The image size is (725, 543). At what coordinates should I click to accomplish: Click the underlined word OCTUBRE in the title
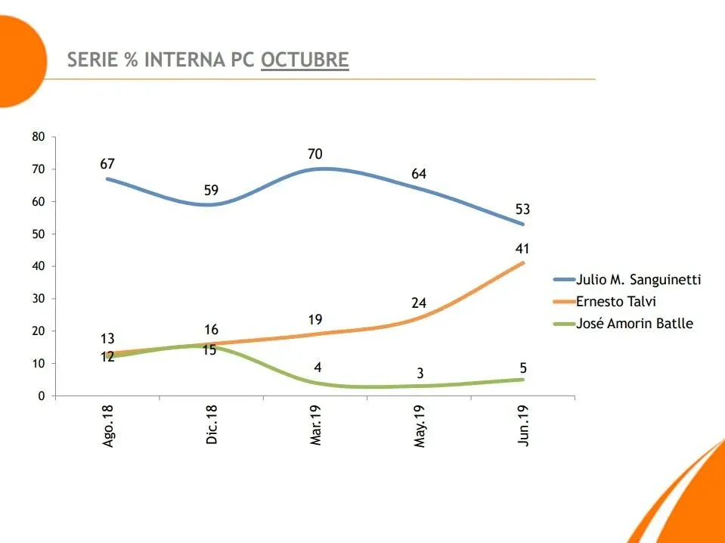(305, 61)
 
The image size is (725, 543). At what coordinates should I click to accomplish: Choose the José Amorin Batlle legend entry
(634, 324)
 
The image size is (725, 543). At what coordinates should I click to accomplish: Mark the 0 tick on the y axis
(42, 396)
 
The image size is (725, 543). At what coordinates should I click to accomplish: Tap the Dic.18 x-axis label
(212, 427)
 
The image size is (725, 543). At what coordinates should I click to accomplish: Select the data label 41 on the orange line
(522, 249)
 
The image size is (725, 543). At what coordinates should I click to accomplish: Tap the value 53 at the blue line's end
(522, 209)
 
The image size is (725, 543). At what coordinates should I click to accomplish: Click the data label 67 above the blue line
(107, 164)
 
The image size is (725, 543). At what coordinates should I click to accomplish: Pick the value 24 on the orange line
(419, 303)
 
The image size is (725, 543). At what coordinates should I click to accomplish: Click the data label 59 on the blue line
(212, 190)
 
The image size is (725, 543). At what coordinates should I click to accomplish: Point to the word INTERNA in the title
(184, 61)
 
